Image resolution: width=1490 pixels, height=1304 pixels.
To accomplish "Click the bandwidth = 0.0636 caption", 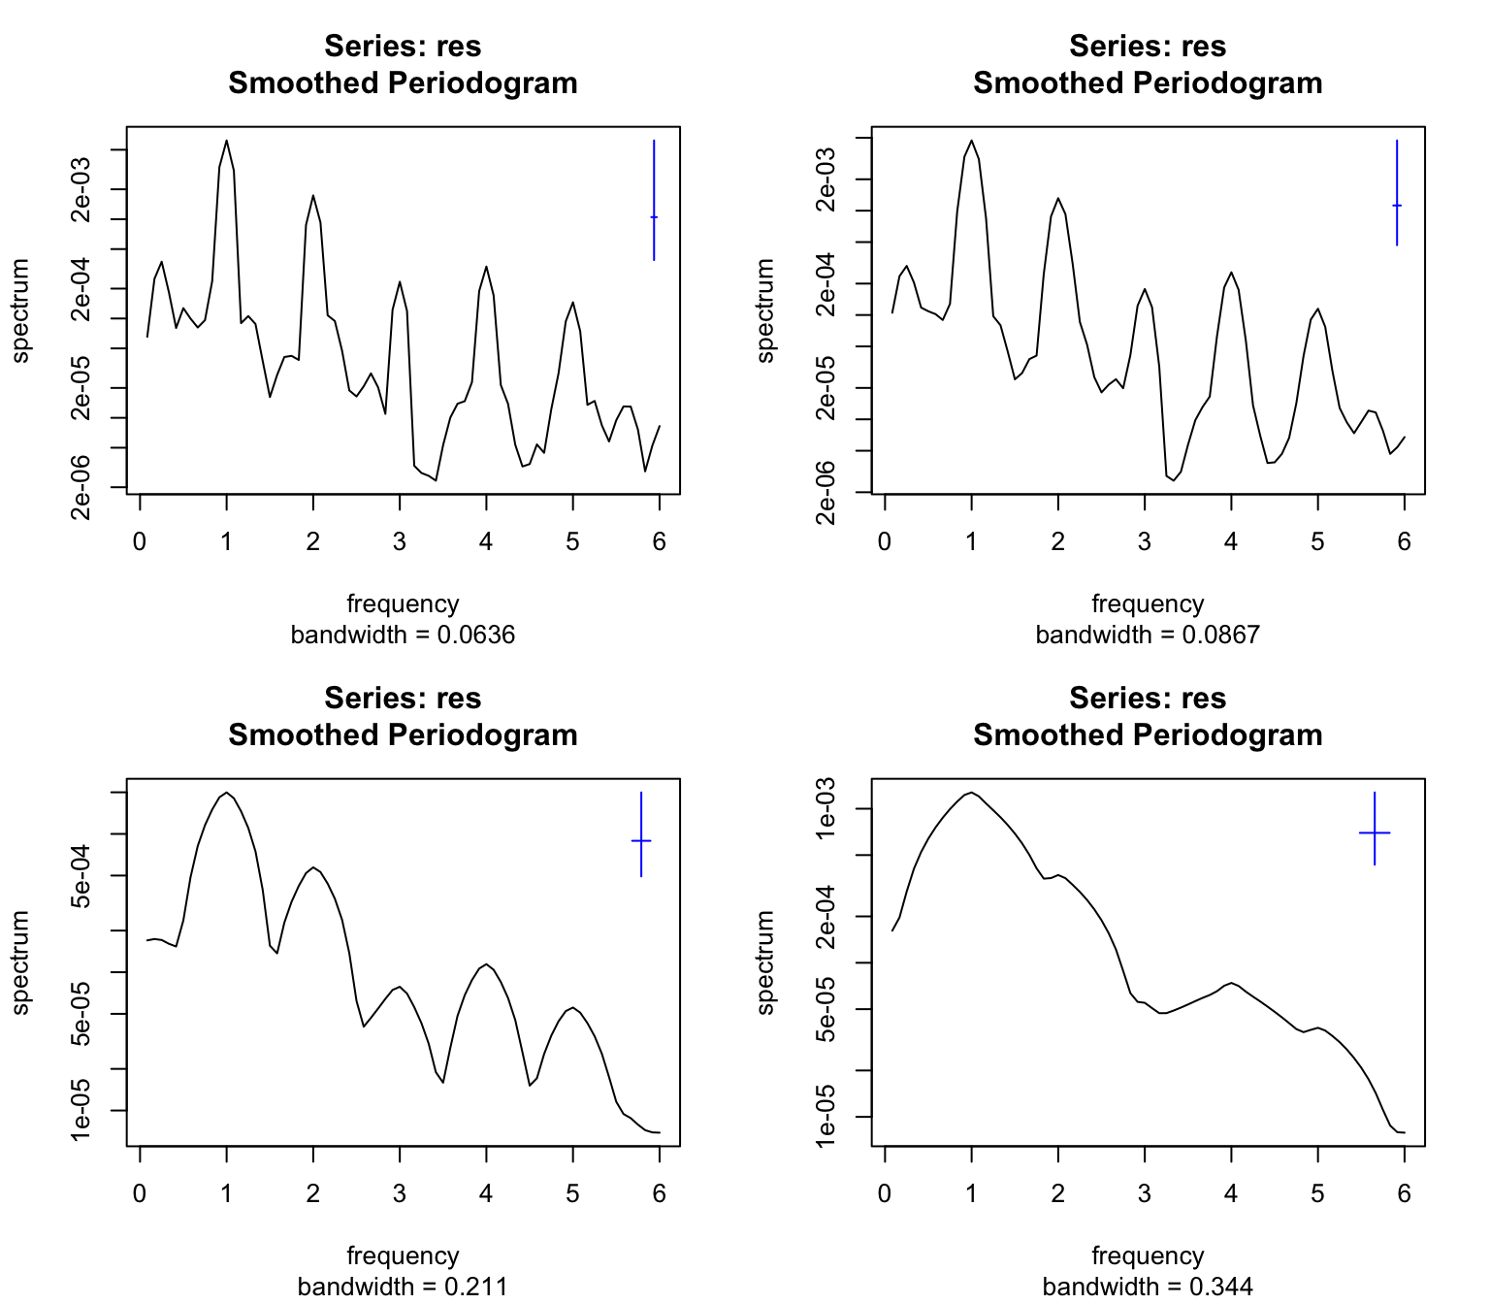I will click(403, 636).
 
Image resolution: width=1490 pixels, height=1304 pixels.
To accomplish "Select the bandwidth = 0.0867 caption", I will click(1148, 636).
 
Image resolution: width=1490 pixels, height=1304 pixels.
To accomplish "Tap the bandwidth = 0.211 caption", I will click(403, 1288).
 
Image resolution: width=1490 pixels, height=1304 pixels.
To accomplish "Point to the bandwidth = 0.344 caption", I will click(1148, 1288).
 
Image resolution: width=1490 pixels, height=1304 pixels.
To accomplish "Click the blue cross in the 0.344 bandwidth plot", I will click(1375, 832).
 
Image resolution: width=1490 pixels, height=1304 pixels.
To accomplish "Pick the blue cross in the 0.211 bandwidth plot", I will click(641, 840).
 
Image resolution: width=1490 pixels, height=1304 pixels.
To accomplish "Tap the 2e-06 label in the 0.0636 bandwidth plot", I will click(81, 487).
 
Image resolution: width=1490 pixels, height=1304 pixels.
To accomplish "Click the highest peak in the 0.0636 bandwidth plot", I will click(226, 141).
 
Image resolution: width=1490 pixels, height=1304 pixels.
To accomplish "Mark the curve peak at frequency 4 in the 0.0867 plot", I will click(1231, 273).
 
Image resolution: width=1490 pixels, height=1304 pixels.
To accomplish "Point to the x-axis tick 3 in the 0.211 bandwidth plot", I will click(400, 1192).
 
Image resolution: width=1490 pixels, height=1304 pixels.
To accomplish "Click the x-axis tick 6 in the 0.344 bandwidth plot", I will click(1404, 1192).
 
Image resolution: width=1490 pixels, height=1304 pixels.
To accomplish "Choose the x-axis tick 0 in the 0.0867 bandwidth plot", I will click(885, 540).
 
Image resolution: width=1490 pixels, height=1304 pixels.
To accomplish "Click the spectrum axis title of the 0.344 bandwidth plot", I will click(766, 962).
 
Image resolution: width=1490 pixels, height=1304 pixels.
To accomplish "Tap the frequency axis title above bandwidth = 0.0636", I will click(403, 603).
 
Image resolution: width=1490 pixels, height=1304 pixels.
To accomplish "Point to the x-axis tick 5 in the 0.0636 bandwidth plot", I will click(572, 540).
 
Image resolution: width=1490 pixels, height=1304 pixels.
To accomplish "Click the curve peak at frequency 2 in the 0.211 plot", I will click(312, 867).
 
